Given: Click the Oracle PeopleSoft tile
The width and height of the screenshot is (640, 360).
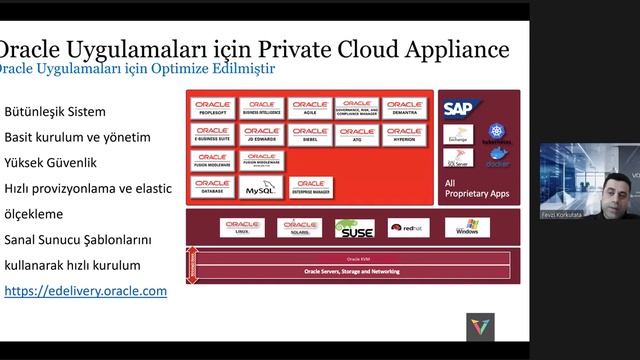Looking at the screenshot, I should tap(213, 108).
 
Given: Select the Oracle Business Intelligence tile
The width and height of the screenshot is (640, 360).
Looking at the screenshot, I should tap(262, 108).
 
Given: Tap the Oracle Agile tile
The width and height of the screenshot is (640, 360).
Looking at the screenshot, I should tap(310, 108).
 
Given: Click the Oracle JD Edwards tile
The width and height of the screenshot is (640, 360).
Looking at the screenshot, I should tap(262, 134).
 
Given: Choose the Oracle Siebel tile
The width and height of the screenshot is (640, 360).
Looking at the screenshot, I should tap(310, 134).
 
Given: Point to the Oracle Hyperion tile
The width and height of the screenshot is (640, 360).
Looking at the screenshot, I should tap(404, 134).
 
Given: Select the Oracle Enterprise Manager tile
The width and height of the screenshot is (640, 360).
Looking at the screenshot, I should tap(310, 187).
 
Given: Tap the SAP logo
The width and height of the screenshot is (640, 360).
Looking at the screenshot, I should tap(459, 109).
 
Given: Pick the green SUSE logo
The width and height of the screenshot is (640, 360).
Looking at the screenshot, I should tap(355, 228).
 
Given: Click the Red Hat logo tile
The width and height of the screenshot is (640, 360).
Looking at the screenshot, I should tap(408, 228).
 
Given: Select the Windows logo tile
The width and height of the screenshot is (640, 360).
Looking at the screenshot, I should tap(466, 228).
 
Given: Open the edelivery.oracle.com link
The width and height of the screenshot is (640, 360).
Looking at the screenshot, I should tap(85, 291).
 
